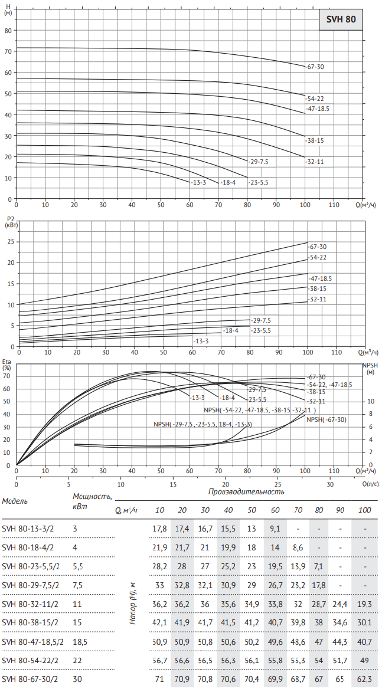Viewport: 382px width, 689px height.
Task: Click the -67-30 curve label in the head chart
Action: [x=316, y=67]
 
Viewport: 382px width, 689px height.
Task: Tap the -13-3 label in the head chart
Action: [x=198, y=182]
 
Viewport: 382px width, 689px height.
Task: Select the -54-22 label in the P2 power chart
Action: [x=318, y=257]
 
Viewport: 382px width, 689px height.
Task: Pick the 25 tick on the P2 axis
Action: [x=9, y=241]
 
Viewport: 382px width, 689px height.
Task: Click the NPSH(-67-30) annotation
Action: [x=326, y=419]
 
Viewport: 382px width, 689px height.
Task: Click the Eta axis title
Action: [x=7, y=364]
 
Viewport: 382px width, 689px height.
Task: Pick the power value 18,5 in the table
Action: [x=80, y=642]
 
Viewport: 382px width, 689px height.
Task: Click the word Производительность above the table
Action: [x=246, y=491]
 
